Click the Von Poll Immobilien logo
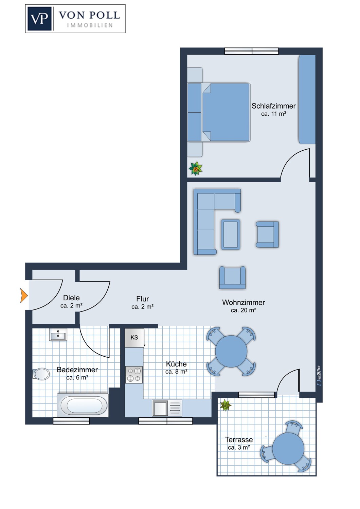pos(75,19)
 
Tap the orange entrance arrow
pos(24,295)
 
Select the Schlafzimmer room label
pos(273,106)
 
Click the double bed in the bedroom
pos(226,112)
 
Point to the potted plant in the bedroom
pos(196,168)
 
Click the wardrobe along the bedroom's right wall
pos(307,99)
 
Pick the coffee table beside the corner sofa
pos(231,234)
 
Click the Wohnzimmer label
pos(243,302)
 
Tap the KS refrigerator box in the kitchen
pos(134,338)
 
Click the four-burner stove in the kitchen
pos(134,375)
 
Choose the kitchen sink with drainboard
pos(167,408)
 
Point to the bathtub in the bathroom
pos(83,405)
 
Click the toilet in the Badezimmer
pos(41,374)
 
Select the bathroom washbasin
pos(58,335)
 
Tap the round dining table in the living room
pos(231,351)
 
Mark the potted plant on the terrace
pos(225,405)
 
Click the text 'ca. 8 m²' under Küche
pos(176,372)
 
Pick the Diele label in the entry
pos(71,298)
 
